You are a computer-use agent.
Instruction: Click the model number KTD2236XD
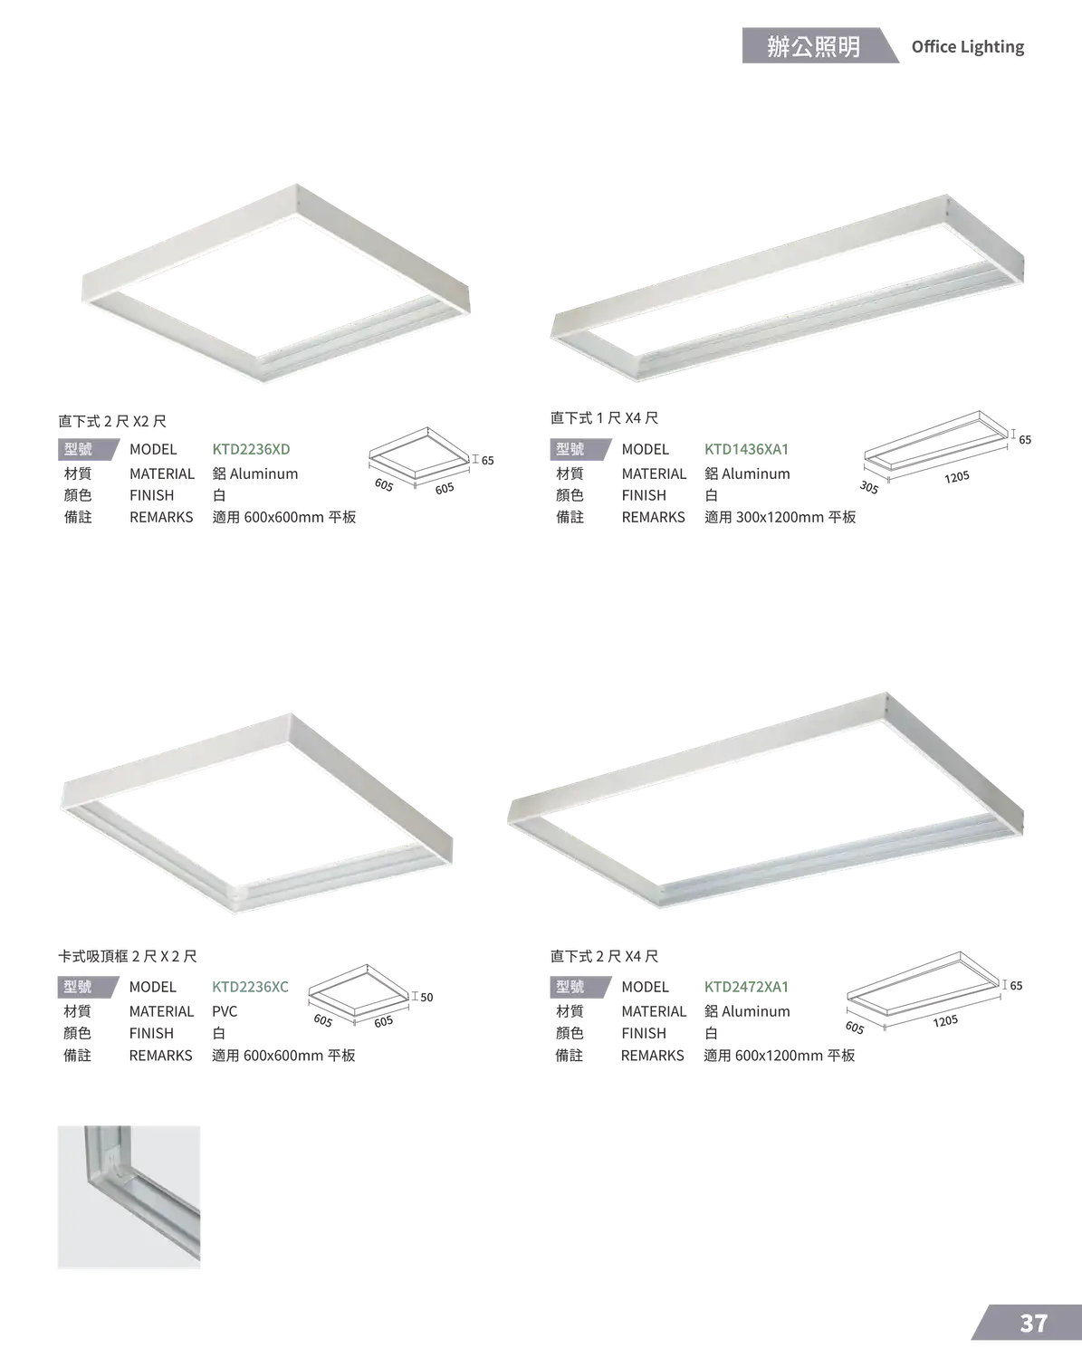click(x=251, y=449)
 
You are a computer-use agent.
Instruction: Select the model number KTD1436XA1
click(x=747, y=449)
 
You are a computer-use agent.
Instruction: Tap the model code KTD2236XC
click(x=250, y=987)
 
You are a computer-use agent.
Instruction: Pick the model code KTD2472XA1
click(x=747, y=987)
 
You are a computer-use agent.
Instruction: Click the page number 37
click(x=1033, y=1324)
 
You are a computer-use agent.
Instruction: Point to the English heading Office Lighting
click(x=968, y=47)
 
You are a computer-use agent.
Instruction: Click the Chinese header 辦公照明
click(x=814, y=46)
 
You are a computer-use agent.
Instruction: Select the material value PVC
click(x=225, y=1011)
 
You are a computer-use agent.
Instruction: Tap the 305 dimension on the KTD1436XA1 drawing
click(x=869, y=487)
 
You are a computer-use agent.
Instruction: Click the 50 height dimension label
click(x=426, y=997)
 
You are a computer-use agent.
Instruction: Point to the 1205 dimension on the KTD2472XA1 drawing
click(x=945, y=1021)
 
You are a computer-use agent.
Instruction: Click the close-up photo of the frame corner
click(x=129, y=1197)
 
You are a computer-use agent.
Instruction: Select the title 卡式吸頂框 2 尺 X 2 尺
click(x=128, y=957)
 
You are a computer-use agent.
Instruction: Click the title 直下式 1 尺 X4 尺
click(x=604, y=418)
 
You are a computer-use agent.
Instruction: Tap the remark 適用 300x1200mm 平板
click(x=780, y=518)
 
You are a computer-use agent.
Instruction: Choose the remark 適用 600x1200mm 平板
click(x=780, y=1056)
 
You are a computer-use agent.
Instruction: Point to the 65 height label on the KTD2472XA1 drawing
click(x=1016, y=986)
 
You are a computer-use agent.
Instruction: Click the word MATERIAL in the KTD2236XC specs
click(x=161, y=1011)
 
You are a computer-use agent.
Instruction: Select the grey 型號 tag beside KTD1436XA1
click(x=579, y=449)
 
